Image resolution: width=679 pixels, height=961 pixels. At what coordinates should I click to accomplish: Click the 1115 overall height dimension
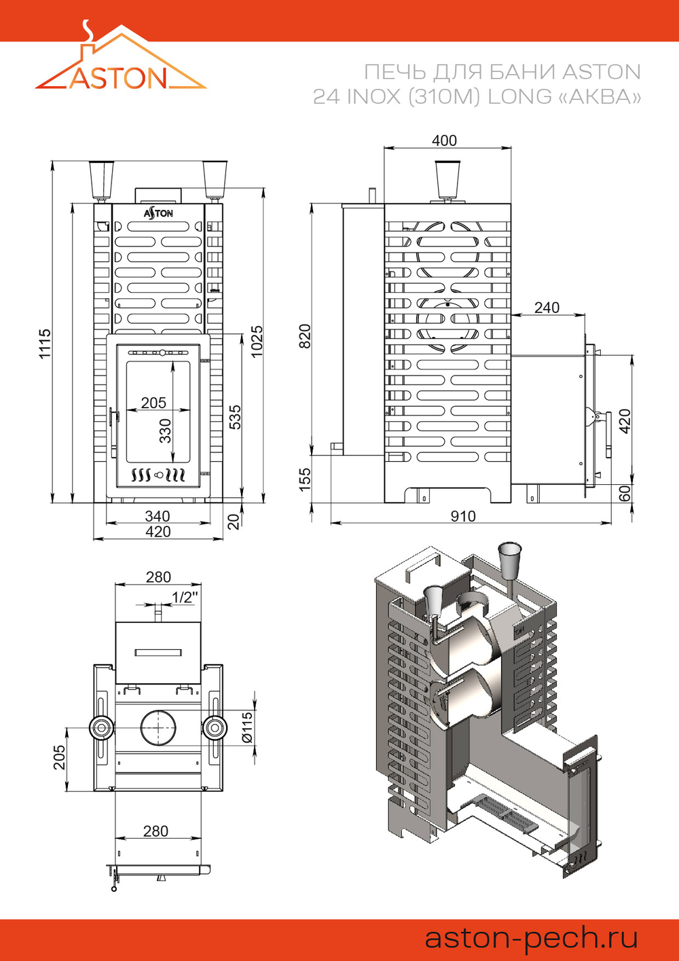coord(45,344)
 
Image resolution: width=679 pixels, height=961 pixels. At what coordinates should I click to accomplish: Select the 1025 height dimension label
coord(256,341)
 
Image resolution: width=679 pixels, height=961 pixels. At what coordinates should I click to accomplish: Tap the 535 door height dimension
coord(235,417)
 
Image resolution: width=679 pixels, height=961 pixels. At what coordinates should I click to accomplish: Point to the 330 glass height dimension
coord(165,431)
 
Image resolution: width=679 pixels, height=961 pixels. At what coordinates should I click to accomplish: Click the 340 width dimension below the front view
coord(158,516)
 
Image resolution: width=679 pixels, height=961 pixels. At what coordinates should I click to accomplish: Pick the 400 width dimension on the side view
coord(444,140)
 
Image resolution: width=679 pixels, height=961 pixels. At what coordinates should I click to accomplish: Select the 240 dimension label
coord(547,307)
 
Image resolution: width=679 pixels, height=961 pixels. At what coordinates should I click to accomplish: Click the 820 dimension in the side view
coord(305,336)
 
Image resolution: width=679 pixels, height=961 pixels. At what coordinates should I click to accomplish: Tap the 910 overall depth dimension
coord(463,516)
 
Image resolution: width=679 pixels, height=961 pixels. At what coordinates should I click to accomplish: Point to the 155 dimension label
coord(305,478)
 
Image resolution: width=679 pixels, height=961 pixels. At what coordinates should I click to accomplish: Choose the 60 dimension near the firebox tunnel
coord(625,493)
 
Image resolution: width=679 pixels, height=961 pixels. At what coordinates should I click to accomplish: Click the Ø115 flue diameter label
coord(247,727)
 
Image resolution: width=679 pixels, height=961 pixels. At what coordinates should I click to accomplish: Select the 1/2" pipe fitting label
coord(184,597)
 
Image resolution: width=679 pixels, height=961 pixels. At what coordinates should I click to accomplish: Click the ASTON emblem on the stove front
coord(158,213)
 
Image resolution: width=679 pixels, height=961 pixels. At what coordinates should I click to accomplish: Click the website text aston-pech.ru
coord(531,938)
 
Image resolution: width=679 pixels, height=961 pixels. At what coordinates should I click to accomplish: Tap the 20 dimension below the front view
coord(234,521)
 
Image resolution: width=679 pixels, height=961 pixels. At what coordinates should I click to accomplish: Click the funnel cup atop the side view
coord(447,178)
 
